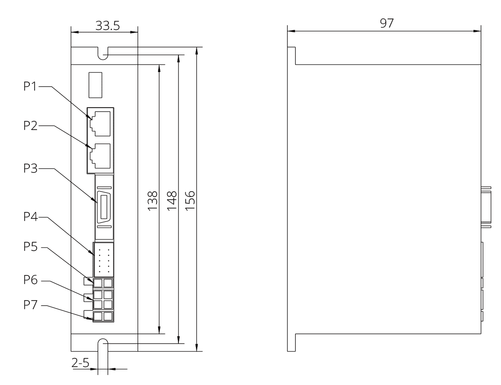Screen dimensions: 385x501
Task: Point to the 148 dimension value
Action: coord(172,200)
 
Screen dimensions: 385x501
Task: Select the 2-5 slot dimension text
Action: coord(80,363)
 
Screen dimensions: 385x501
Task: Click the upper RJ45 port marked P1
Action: coord(101,121)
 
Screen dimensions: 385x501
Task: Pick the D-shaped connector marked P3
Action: coord(103,208)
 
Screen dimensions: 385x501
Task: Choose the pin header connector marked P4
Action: coord(103,260)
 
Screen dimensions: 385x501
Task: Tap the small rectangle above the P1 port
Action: coord(95,84)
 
